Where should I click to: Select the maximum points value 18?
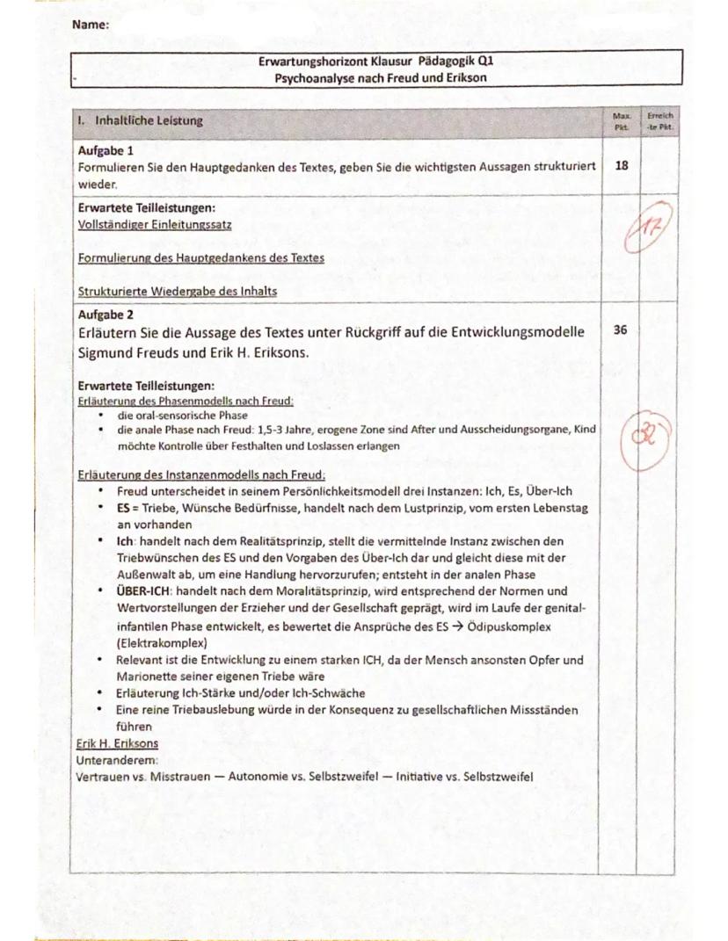click(x=622, y=166)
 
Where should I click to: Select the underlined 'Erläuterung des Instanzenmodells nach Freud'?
click(x=201, y=475)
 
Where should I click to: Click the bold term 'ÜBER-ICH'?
click(x=146, y=590)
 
